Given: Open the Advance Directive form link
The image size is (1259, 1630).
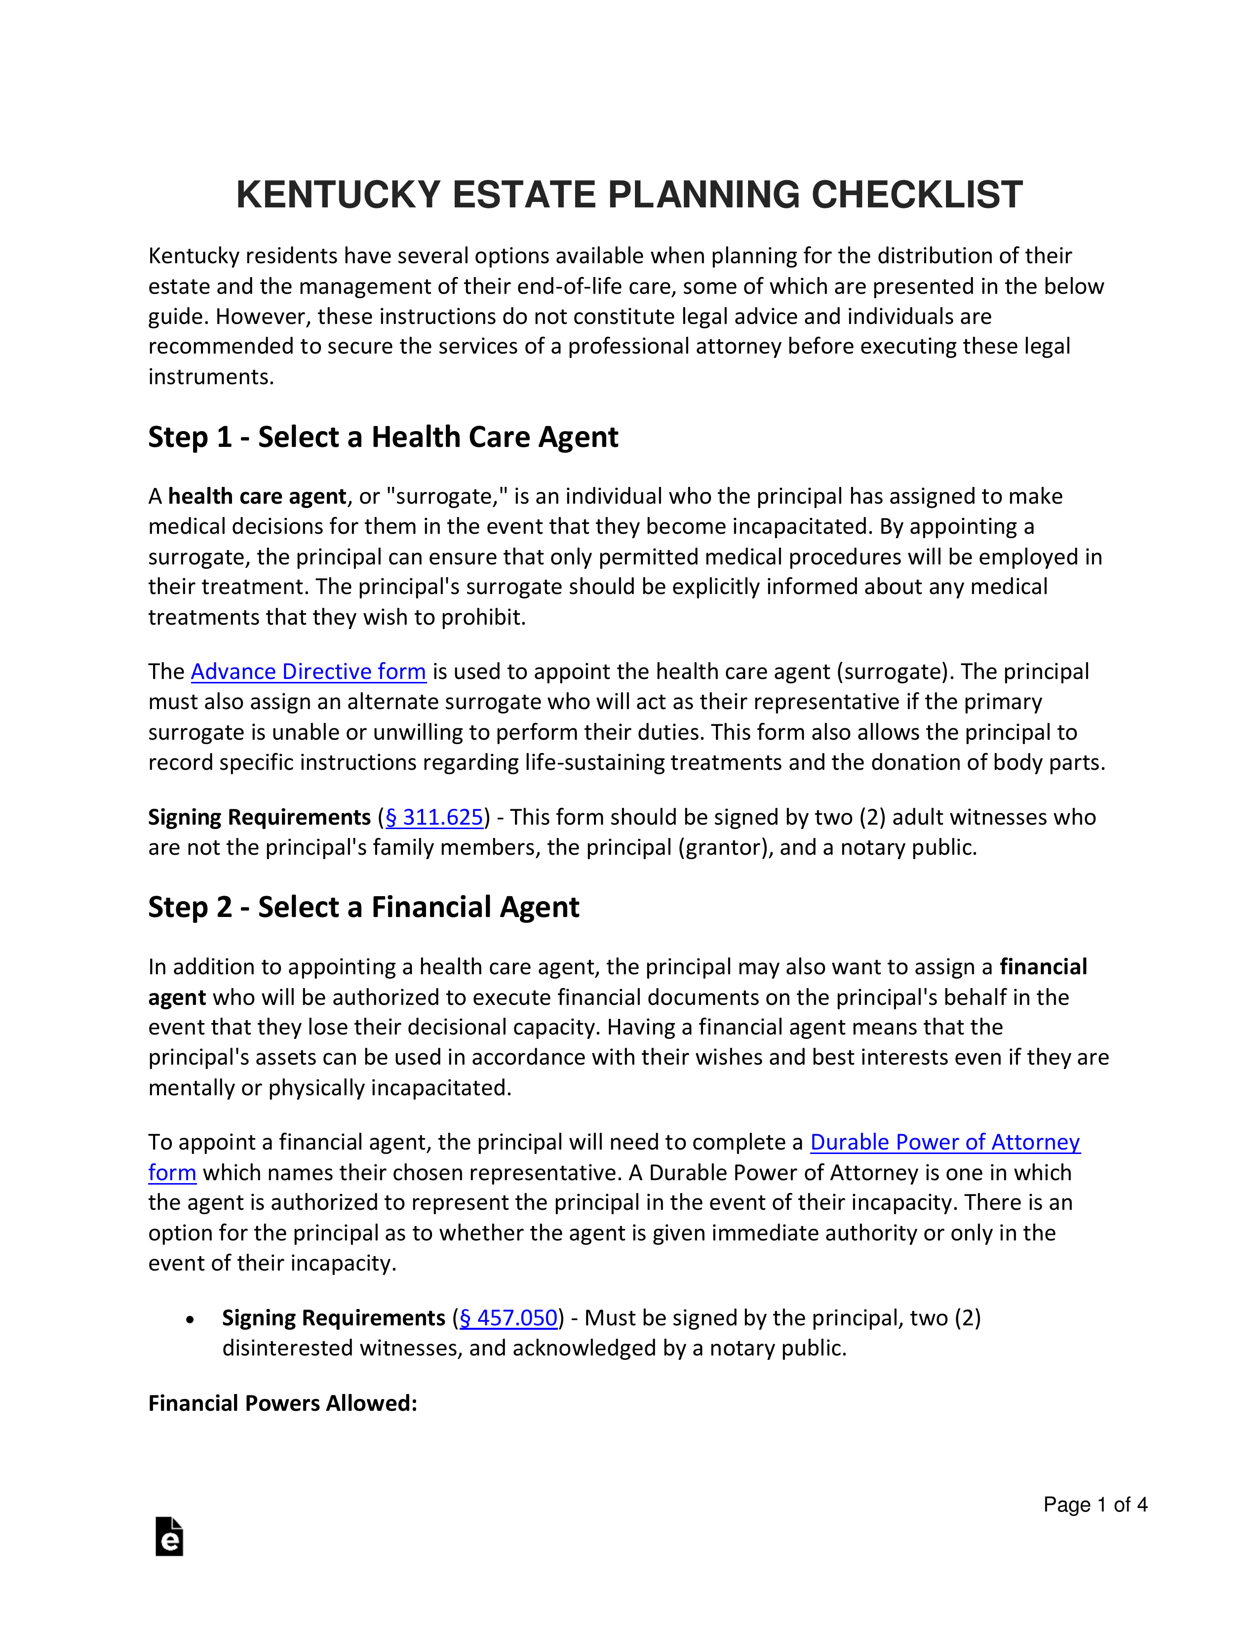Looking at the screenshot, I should click(308, 672).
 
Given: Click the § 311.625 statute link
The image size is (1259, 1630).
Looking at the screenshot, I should click(434, 817).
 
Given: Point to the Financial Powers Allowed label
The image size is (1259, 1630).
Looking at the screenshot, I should click(282, 1404).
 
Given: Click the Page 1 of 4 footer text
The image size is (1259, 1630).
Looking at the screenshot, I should click(1094, 1505).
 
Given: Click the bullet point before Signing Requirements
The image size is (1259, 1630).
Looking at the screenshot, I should click(190, 1319).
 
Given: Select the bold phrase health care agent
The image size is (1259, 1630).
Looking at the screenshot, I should click(257, 496).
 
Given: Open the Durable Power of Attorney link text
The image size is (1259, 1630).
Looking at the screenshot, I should click(945, 1143).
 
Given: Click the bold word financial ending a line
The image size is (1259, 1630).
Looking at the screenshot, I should click(1043, 967).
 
